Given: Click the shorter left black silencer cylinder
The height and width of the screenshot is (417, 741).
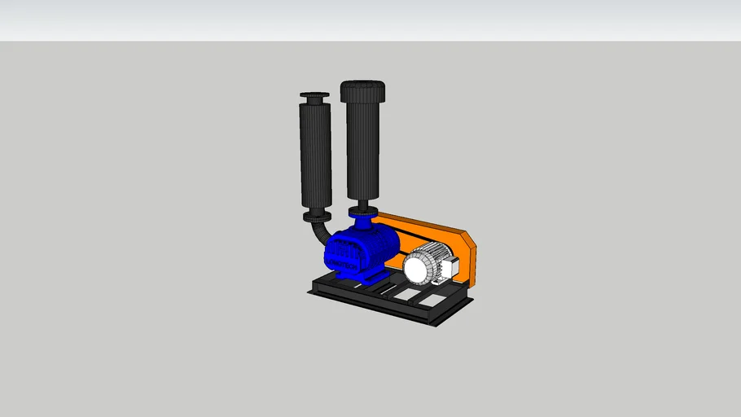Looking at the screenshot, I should (x=315, y=155).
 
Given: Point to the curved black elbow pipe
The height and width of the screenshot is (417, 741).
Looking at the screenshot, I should (x=318, y=235).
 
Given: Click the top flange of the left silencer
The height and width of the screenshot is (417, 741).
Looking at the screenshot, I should (x=314, y=99).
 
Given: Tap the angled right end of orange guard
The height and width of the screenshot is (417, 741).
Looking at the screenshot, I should (x=469, y=257).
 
